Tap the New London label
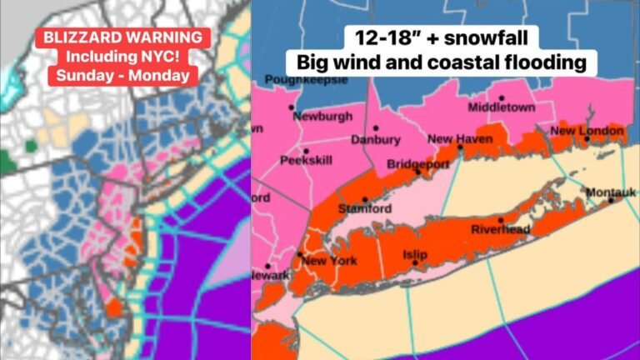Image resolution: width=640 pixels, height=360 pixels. click(x=587, y=131)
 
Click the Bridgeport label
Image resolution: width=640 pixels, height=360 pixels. click(x=416, y=164)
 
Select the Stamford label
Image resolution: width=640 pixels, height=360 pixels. click(x=364, y=208)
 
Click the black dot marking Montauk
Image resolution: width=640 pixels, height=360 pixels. click(x=611, y=200)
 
